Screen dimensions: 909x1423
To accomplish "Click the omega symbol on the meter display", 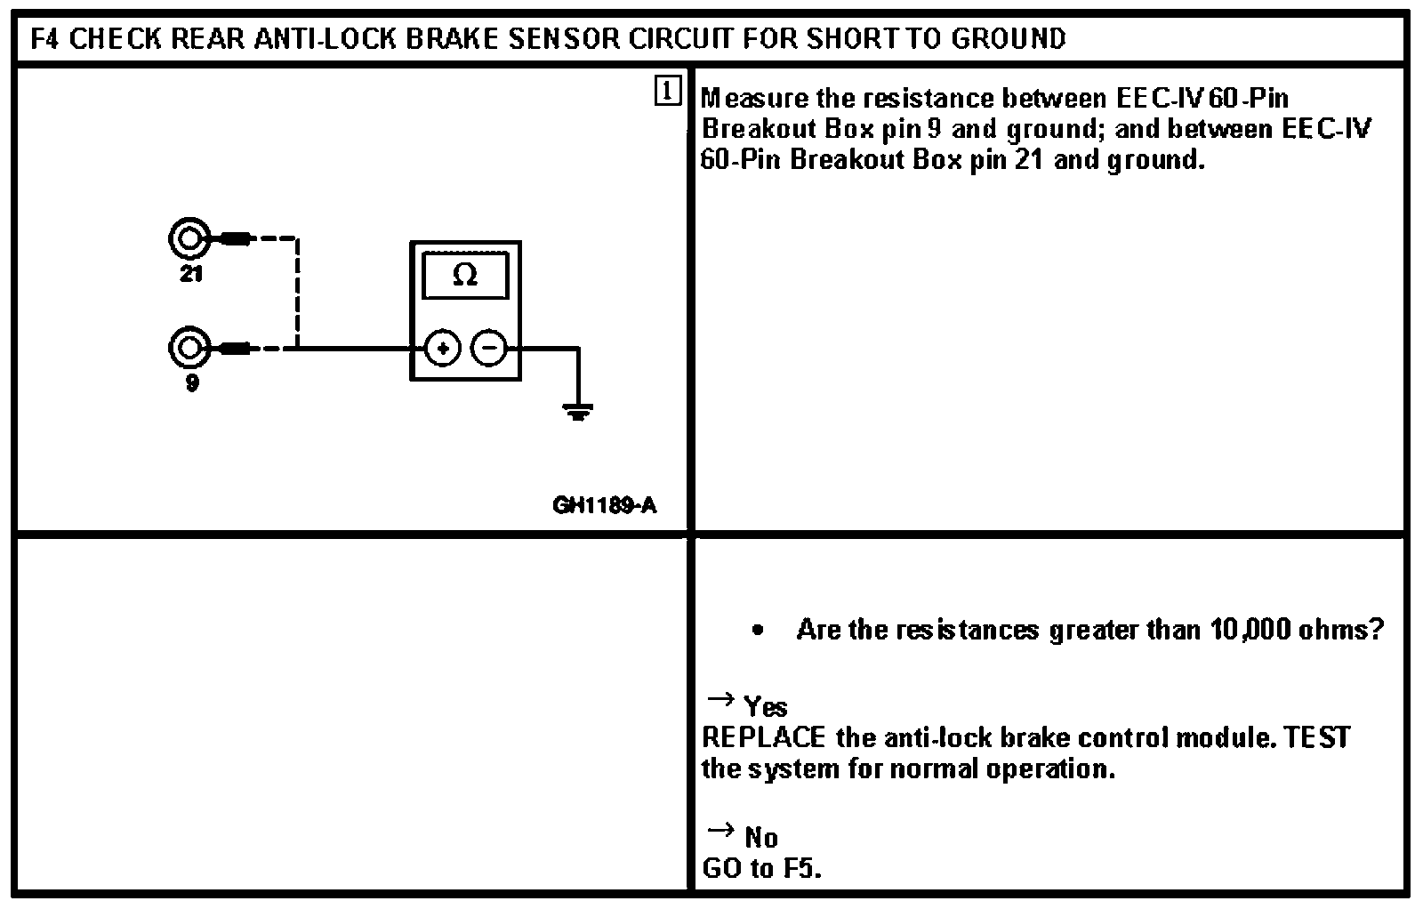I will pos(465,276).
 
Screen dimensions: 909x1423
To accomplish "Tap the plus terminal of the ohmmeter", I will pos(443,348).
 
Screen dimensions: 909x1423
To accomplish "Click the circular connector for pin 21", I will pos(189,238).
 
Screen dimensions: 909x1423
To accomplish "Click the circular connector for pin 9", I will pos(189,348).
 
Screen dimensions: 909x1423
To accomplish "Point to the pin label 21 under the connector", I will pos(191,275).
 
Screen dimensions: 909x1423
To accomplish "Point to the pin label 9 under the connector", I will pos(192,384).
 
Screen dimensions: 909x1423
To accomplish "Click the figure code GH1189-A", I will pos(604,506).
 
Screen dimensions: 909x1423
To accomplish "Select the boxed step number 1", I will pos(667,91).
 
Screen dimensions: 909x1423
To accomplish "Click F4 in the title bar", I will pos(45,39).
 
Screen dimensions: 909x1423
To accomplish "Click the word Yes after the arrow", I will pos(766,707).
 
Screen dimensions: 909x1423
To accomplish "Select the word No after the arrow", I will pos(761,838).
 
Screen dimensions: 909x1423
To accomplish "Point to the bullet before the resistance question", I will pos(757,631).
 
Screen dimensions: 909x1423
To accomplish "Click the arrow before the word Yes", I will pos(719,700).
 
